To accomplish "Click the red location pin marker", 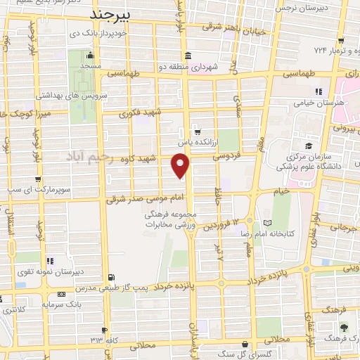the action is (x=181, y=165).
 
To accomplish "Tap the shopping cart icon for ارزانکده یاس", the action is (x=196, y=130).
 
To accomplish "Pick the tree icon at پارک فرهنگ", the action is (x=343, y=328).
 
